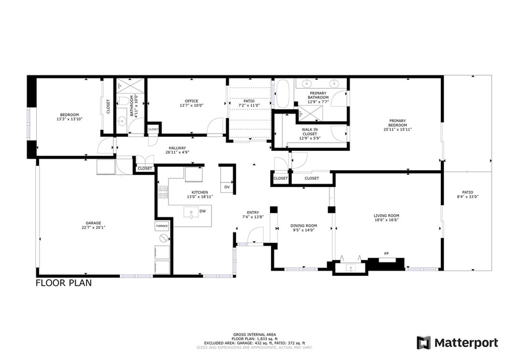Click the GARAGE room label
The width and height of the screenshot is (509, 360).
point(93,223)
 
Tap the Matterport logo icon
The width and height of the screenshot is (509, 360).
point(424,343)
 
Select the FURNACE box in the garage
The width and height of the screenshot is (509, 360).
point(162,226)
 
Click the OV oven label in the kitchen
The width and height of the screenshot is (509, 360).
point(227,187)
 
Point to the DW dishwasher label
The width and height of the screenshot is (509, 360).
point(202,211)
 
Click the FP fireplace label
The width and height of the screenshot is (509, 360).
point(386,254)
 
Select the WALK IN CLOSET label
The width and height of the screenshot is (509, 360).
point(309,132)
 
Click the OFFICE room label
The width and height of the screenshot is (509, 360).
point(191,101)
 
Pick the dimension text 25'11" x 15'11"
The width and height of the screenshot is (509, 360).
point(397,129)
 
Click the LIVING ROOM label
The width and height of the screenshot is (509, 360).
point(386,216)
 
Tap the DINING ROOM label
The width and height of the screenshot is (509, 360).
point(303,226)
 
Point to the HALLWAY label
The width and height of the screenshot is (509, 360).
point(177,148)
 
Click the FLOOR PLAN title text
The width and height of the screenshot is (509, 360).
point(63,283)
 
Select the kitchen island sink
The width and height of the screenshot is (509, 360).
point(191,213)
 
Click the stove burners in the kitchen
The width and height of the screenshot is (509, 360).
point(163,192)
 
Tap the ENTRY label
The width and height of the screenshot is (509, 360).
point(253,213)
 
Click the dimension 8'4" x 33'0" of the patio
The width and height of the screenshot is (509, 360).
point(467,196)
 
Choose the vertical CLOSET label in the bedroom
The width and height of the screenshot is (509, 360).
point(108,106)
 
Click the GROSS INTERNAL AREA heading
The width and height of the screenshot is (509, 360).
point(254,334)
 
